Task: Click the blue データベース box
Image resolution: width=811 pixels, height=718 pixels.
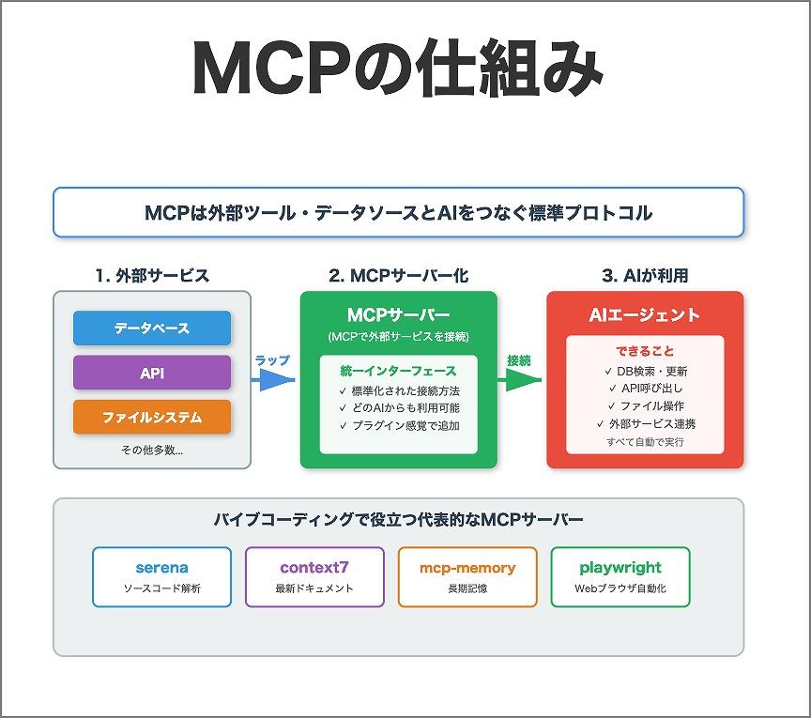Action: click(x=152, y=328)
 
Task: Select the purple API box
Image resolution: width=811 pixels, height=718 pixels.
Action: click(x=152, y=373)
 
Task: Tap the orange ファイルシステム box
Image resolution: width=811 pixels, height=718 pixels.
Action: click(x=152, y=417)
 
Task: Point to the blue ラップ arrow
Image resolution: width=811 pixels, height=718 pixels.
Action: click(x=273, y=380)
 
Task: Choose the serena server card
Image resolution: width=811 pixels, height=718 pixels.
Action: click(x=162, y=576)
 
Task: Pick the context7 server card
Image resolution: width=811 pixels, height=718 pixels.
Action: click(x=314, y=576)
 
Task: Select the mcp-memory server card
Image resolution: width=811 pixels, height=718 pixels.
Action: click(x=467, y=576)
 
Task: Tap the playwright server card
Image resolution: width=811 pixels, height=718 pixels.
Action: click(x=620, y=576)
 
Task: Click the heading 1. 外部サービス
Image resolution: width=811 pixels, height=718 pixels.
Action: click(x=152, y=276)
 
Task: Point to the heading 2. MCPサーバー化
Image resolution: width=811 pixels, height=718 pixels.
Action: click(x=398, y=276)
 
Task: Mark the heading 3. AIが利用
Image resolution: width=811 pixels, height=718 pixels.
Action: click(x=645, y=276)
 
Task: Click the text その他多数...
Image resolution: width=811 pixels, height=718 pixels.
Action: click(x=152, y=450)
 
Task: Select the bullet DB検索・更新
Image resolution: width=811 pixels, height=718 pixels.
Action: click(x=648, y=371)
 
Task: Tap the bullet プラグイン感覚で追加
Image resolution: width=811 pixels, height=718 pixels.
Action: click(x=399, y=426)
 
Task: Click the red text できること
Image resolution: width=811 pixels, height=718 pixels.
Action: click(x=645, y=351)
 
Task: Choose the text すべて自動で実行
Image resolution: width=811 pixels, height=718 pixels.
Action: click(x=645, y=441)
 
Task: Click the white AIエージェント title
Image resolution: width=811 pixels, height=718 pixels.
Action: click(x=645, y=315)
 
